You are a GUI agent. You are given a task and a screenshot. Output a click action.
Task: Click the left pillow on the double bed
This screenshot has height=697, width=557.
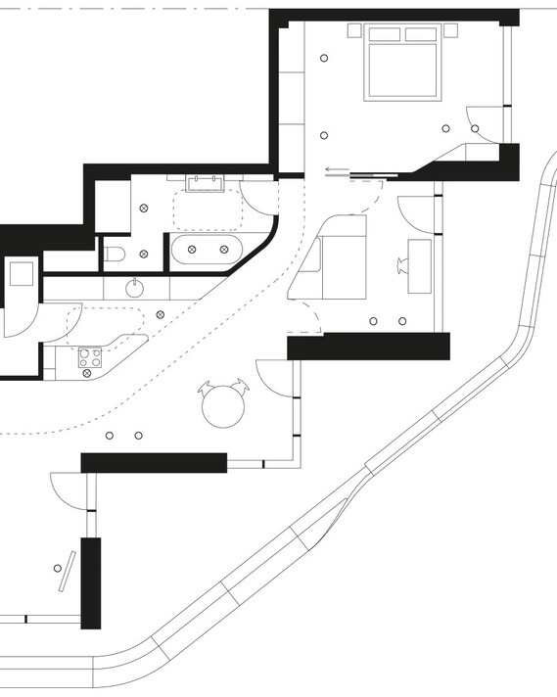pyautogui.click(x=385, y=35)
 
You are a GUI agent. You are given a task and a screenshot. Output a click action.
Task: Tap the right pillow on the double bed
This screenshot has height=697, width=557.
pyautogui.click(x=421, y=35)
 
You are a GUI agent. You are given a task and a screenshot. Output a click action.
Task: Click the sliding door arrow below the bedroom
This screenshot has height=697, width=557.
pyautogui.click(x=335, y=168)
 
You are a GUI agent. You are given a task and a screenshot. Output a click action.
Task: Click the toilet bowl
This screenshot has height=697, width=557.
pyautogui.click(x=114, y=256)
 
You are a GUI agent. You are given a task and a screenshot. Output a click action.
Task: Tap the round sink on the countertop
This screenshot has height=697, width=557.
pyautogui.click(x=135, y=288)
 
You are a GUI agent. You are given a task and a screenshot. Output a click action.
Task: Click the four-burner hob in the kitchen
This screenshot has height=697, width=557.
pyautogui.click(x=91, y=360)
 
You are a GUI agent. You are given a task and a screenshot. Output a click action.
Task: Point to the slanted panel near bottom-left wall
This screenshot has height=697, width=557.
pyautogui.click(x=66, y=571)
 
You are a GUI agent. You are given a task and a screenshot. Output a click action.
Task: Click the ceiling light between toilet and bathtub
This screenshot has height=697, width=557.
pyautogui.click(x=144, y=254)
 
